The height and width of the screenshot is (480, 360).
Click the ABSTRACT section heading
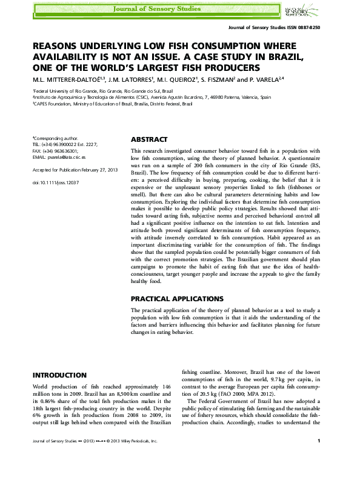149,139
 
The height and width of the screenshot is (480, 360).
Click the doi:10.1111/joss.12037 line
56,182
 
